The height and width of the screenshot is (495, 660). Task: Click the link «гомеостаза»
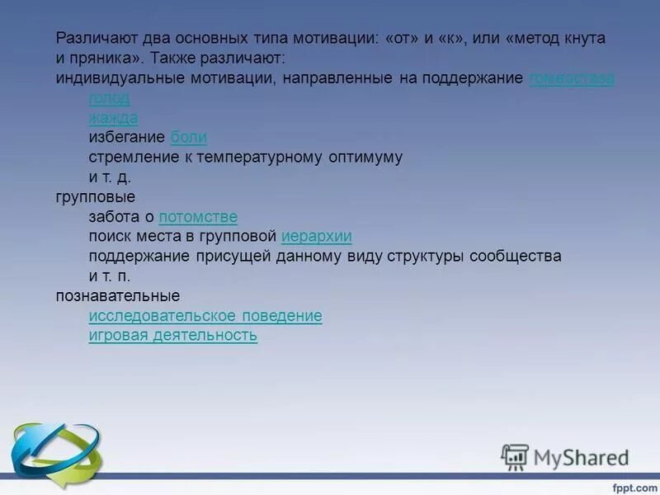[x=571, y=78]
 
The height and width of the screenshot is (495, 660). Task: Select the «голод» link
[x=109, y=98]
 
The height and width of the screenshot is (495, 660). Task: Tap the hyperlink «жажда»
[x=113, y=118]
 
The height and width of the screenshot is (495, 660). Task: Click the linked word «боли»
[x=188, y=138]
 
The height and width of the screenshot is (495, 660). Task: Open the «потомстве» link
[x=198, y=217]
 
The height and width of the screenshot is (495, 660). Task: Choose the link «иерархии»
[x=317, y=237]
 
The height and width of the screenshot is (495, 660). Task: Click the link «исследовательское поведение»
[x=205, y=316]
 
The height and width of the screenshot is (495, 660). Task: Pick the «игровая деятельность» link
[x=173, y=336]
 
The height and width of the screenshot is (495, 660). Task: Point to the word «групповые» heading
[x=96, y=197]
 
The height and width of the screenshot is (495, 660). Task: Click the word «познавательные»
[x=118, y=296]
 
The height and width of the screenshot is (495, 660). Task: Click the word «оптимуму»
[x=364, y=158]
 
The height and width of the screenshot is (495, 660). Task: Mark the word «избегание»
[x=126, y=138]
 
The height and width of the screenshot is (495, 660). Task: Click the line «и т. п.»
[x=110, y=276]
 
